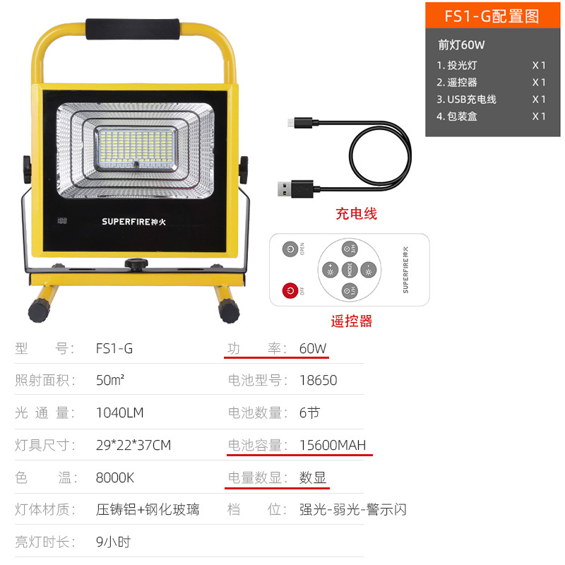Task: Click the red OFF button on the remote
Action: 290,290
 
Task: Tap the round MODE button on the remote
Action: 350,269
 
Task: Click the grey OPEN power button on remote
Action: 290,249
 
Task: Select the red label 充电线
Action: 356,213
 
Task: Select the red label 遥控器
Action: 351,321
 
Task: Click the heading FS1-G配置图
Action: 492,16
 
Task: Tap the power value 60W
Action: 314,348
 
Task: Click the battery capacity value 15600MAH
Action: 332,445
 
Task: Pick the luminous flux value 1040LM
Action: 119,412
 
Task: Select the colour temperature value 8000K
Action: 114,477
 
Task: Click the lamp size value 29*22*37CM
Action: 133,445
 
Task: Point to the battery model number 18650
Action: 318,380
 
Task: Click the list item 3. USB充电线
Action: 466,99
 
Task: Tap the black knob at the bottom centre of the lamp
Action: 133,265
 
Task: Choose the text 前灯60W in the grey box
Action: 462,44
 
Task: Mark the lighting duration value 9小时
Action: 113,542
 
